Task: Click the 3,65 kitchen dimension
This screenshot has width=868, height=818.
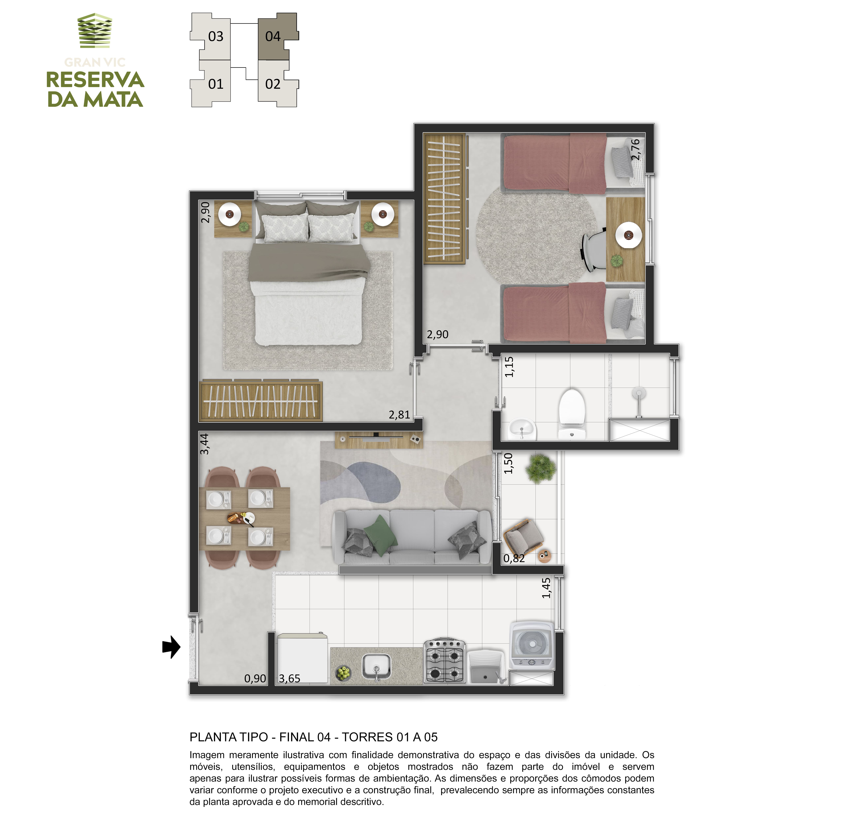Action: point(289,678)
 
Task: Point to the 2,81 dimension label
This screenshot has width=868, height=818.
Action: point(399,415)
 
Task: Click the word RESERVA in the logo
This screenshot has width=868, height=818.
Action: point(95,80)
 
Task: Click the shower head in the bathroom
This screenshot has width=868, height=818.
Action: point(639,393)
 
